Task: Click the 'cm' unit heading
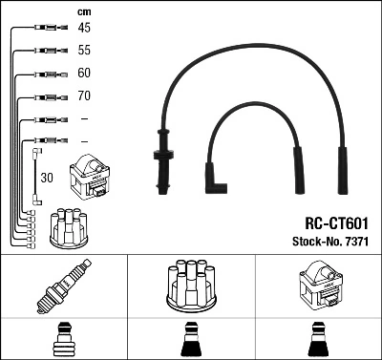(x=83, y=11)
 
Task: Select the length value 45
(x=84, y=28)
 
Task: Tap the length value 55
(x=84, y=50)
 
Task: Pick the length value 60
(x=84, y=73)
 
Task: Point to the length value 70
(x=84, y=96)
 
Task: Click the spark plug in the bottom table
(x=64, y=288)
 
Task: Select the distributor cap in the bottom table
(x=192, y=286)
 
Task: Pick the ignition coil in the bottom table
(x=319, y=286)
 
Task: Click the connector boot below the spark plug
(x=64, y=341)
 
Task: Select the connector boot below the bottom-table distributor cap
(x=192, y=341)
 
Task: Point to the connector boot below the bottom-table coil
(x=319, y=341)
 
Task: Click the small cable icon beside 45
(x=47, y=29)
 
